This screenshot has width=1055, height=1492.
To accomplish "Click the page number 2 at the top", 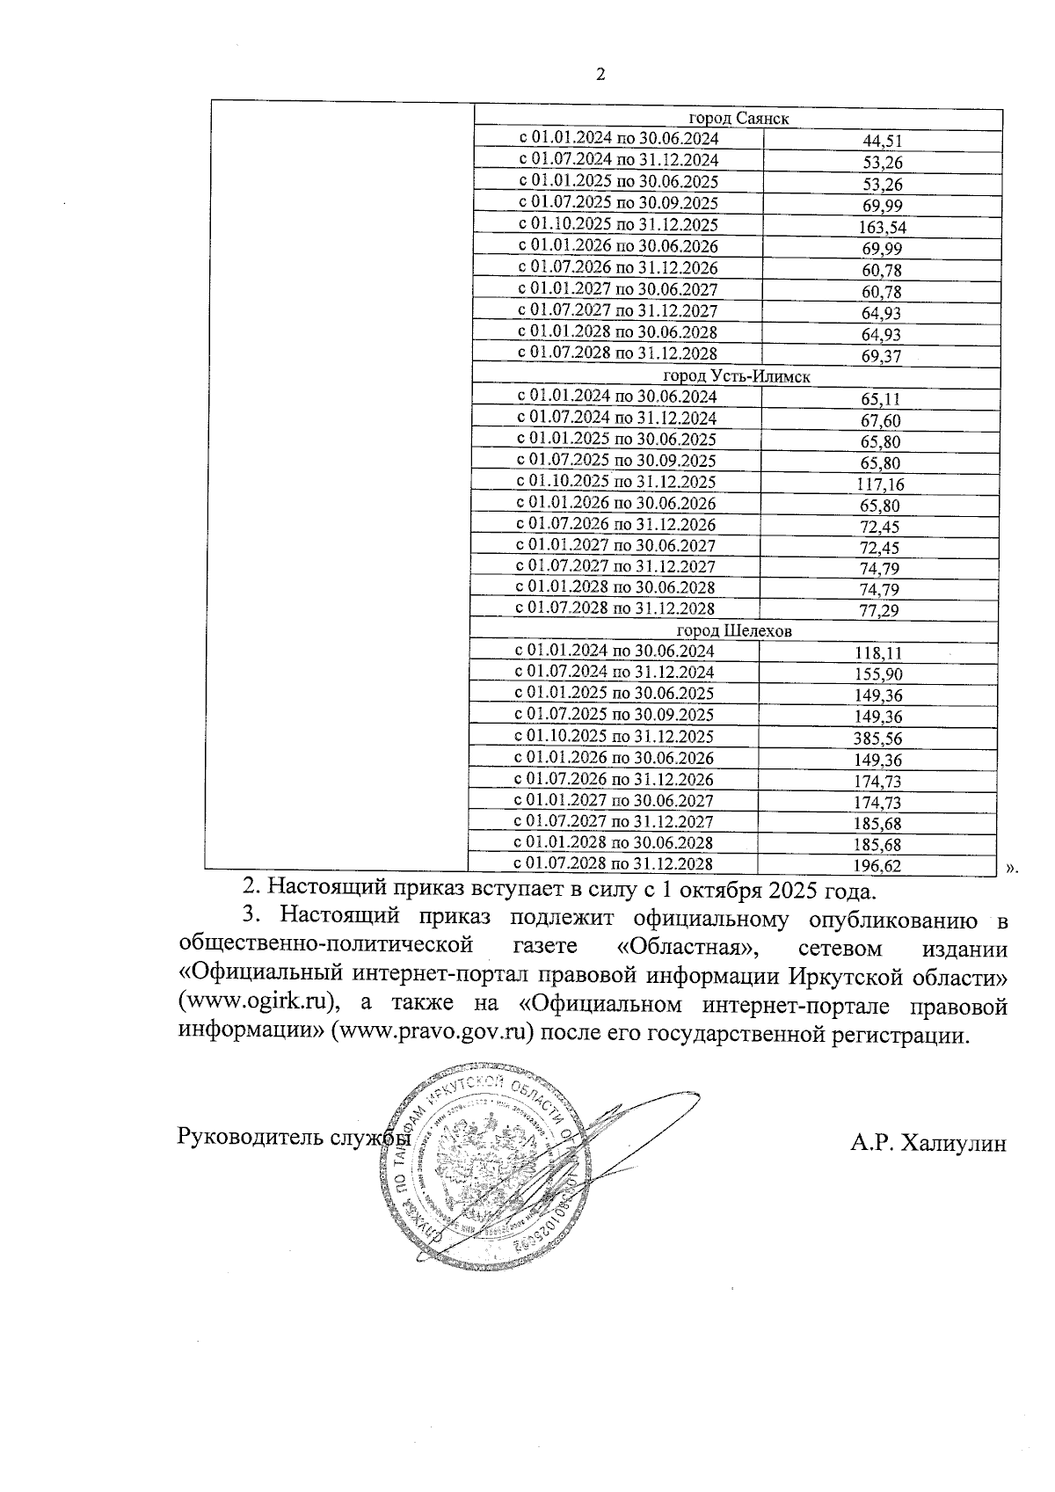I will click(x=601, y=76).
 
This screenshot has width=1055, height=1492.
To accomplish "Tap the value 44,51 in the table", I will click(x=883, y=141).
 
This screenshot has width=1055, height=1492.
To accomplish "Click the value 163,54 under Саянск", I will click(x=883, y=228).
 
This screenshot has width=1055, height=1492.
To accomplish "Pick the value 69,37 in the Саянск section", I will click(x=883, y=356).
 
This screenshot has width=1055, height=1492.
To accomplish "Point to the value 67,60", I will click(x=880, y=420).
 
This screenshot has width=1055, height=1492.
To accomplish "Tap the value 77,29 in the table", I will click(x=880, y=611).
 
